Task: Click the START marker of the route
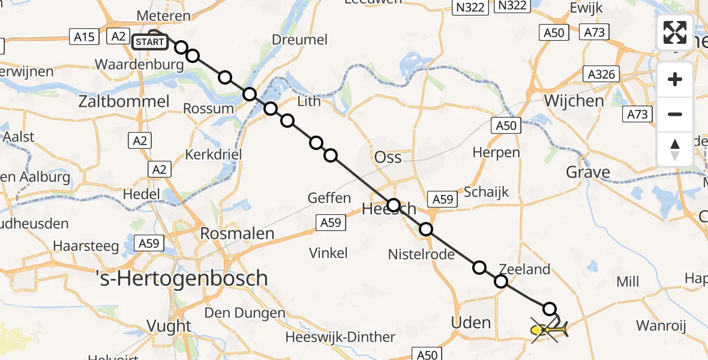(149, 42)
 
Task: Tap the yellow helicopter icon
(549, 329)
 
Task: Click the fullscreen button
(675, 32)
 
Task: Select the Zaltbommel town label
(124, 101)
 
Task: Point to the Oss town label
(388, 157)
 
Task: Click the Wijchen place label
(574, 100)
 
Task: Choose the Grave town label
(588, 173)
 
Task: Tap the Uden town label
(471, 323)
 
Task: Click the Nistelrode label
(421, 254)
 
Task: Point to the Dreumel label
(300, 40)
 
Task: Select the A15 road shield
(83, 37)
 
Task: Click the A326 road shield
(601, 74)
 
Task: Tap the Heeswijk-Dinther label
(340, 337)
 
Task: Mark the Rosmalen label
(238, 233)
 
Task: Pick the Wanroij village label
(660, 326)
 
